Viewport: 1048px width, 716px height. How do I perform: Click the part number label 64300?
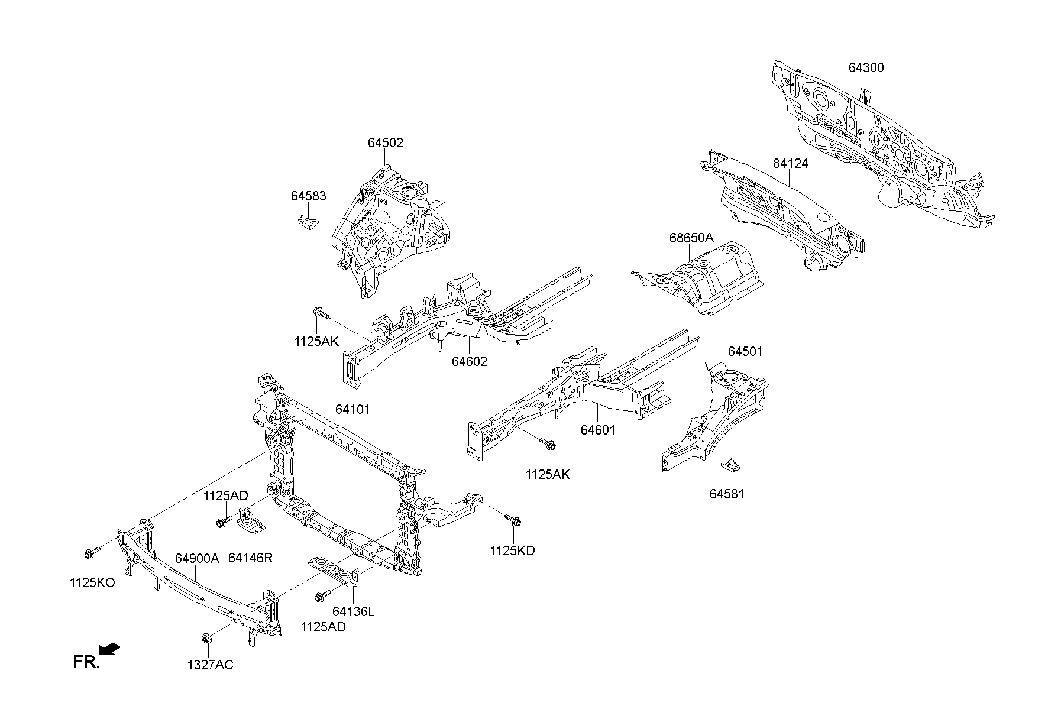(866, 68)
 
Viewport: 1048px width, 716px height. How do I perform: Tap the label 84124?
(790, 163)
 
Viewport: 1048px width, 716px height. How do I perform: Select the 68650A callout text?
(691, 238)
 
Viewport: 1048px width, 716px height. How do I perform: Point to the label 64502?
(385, 142)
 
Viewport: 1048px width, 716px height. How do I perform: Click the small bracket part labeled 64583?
(306, 222)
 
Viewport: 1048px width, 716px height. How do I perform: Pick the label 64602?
(470, 361)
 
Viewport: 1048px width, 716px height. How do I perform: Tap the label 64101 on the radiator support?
(352, 409)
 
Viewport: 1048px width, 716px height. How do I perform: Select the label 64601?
(597, 430)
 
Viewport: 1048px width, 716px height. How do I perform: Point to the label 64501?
(745, 351)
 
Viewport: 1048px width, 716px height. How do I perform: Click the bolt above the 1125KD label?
(513, 520)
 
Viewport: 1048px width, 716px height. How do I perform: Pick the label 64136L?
(353, 611)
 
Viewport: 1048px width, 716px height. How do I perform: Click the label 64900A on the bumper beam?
(197, 558)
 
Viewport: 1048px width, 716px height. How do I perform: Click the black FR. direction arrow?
(109, 650)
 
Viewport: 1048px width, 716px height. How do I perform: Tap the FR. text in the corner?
(86, 662)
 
